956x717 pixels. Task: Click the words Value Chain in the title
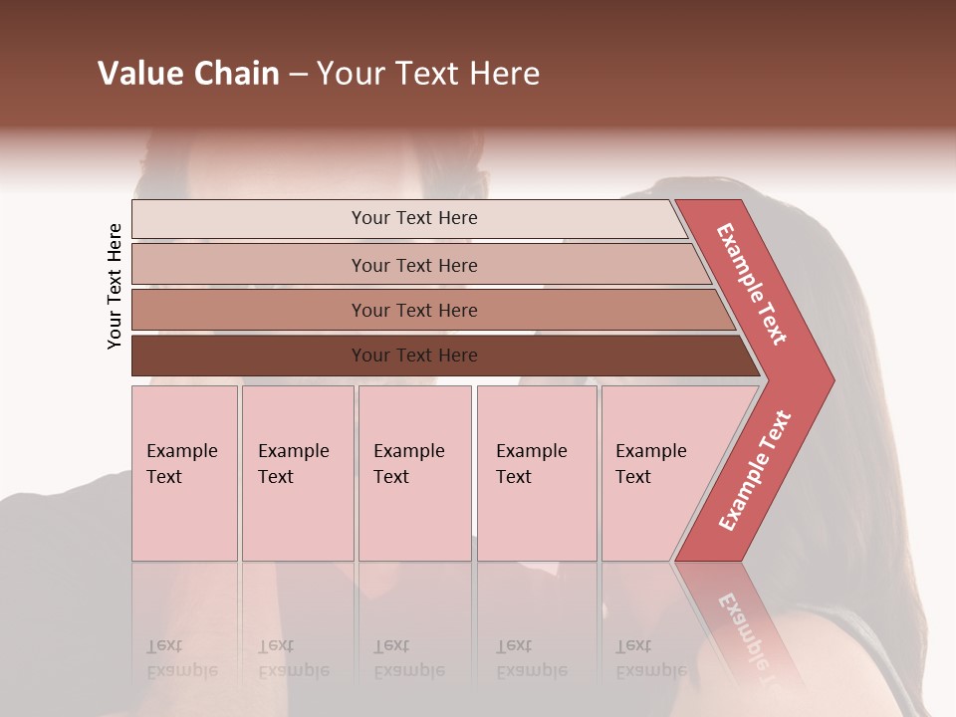pos(188,74)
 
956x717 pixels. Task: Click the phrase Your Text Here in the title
pos(428,74)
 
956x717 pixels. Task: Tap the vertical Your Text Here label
pos(115,286)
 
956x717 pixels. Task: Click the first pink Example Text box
pos(184,473)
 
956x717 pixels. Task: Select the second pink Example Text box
pos(298,473)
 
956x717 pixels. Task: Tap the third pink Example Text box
pos(414,473)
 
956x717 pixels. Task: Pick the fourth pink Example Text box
pos(537,473)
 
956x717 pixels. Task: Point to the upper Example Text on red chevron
pos(752,284)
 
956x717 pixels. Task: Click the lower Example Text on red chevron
pos(755,470)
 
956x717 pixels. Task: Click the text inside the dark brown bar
pos(414,356)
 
